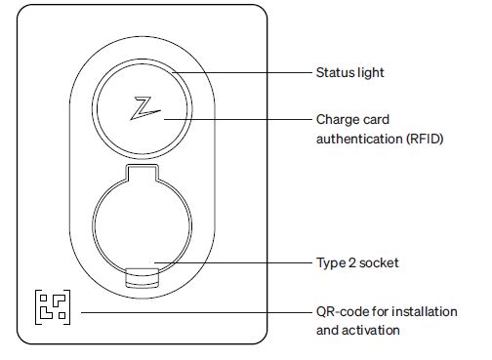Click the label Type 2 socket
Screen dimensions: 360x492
356,263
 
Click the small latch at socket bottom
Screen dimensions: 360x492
143,276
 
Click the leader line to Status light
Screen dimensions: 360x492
244,73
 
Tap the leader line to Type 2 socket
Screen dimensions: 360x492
234,263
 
